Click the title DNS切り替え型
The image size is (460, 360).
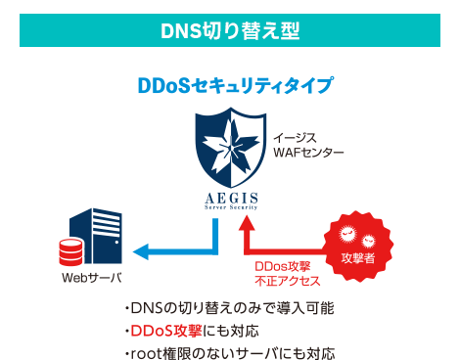229,30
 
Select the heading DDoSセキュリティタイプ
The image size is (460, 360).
236,86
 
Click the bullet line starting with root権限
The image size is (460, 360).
229,350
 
